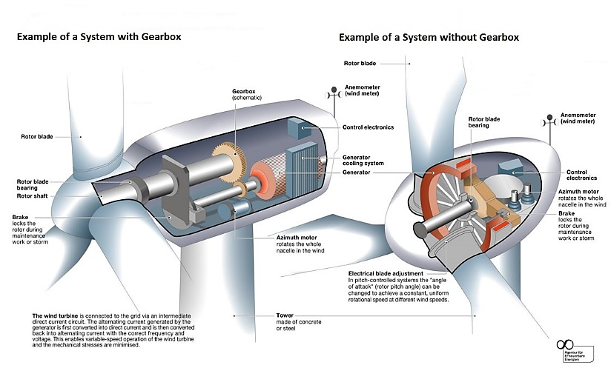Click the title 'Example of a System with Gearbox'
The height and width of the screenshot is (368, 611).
point(99,36)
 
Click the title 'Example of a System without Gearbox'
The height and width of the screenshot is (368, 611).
point(429,37)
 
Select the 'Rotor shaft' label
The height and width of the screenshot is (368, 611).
point(36,195)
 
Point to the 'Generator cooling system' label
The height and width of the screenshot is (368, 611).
point(361,161)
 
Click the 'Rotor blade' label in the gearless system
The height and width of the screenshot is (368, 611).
point(363,64)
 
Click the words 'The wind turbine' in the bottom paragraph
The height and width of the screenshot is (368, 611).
point(54,316)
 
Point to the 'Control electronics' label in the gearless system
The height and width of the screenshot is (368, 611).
point(582,175)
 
